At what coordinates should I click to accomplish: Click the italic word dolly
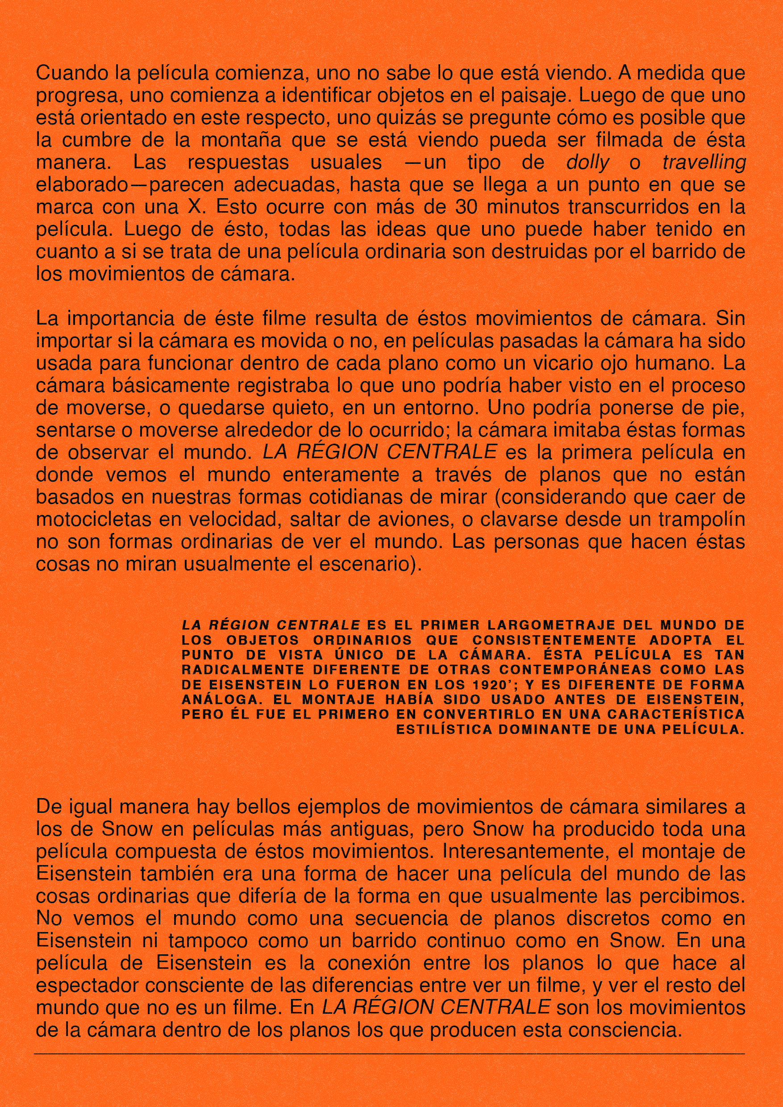pos(587,163)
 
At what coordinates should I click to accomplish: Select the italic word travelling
pos(704,163)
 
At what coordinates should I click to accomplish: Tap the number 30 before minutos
pos(466,207)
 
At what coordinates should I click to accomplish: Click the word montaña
pos(241,140)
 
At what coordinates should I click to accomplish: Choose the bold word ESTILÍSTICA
pos(444,729)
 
